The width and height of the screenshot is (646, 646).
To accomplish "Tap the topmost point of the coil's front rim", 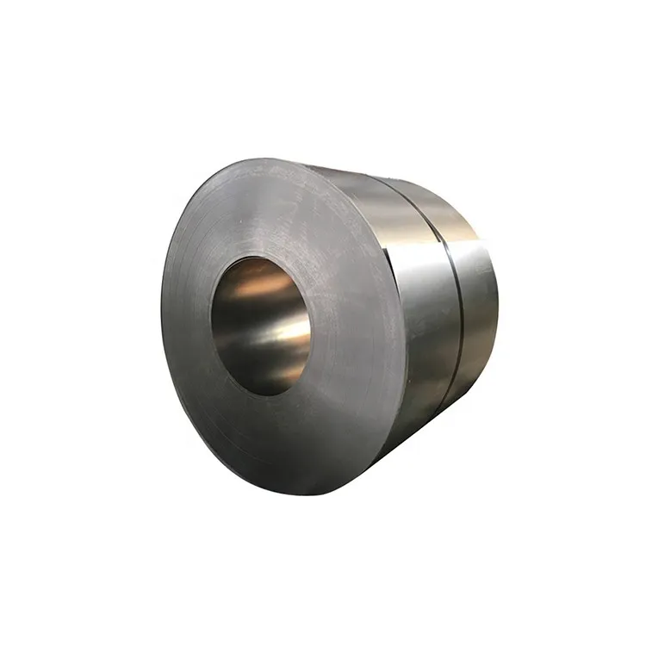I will [258, 158].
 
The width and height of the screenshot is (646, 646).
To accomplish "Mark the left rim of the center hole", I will [212, 323].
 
